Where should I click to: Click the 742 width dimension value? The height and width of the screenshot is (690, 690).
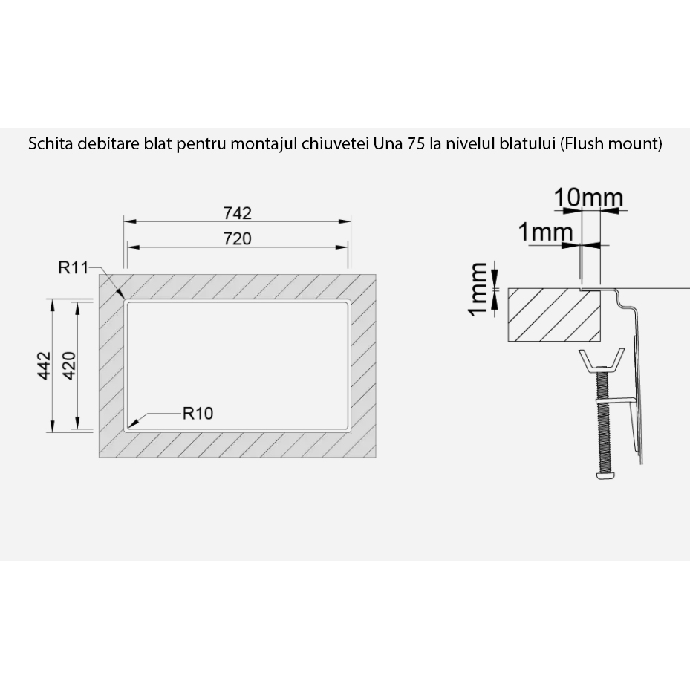238,213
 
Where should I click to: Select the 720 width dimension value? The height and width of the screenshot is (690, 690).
238,238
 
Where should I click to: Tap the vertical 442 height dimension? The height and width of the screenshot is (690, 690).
45,365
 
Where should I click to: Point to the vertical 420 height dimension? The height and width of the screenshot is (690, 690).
70,365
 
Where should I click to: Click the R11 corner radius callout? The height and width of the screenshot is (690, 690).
74,267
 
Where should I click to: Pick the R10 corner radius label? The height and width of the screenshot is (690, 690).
198,413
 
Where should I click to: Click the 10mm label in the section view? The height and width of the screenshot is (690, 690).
588,198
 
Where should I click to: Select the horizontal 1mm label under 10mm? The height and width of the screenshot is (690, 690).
545,232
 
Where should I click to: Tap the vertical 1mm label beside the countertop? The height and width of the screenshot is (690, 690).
478,289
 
